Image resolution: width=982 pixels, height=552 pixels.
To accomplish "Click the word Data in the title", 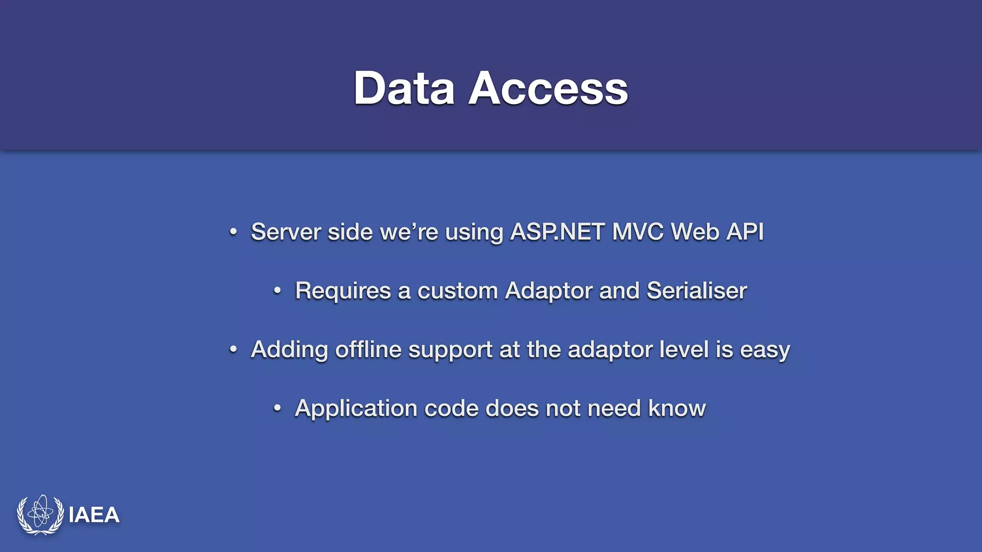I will (404, 88).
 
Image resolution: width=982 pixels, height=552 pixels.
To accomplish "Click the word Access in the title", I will (548, 88).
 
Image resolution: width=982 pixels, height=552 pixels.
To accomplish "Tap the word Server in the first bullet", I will (286, 232).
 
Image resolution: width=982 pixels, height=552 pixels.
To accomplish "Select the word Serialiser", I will (697, 290).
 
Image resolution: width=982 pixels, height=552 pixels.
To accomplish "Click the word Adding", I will (289, 350).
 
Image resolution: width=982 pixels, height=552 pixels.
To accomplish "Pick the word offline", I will (368, 349).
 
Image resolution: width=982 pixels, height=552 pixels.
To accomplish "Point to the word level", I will (684, 349).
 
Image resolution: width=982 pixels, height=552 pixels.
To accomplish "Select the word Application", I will (356, 409).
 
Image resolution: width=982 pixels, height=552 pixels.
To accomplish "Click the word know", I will (677, 408).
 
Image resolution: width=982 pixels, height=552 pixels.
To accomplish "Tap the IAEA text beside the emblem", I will (94, 515).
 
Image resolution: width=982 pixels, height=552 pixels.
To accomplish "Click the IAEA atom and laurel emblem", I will (40, 515).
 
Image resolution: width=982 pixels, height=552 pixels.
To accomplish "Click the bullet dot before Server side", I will (233, 232).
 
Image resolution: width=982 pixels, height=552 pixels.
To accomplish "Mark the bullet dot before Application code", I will (277, 408).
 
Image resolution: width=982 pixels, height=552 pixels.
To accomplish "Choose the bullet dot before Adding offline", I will (233, 349).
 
